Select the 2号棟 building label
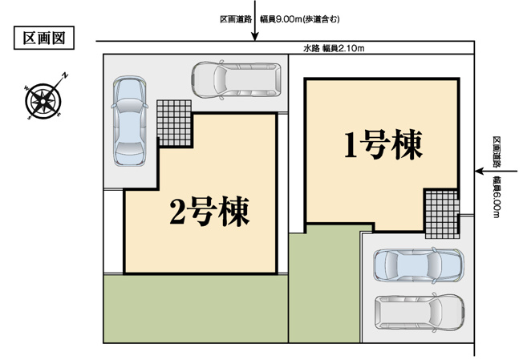click(209, 212)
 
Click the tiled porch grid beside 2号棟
click(174, 121)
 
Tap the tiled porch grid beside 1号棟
click(440, 212)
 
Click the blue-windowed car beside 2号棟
click(129, 121)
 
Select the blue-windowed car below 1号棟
click(417, 264)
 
